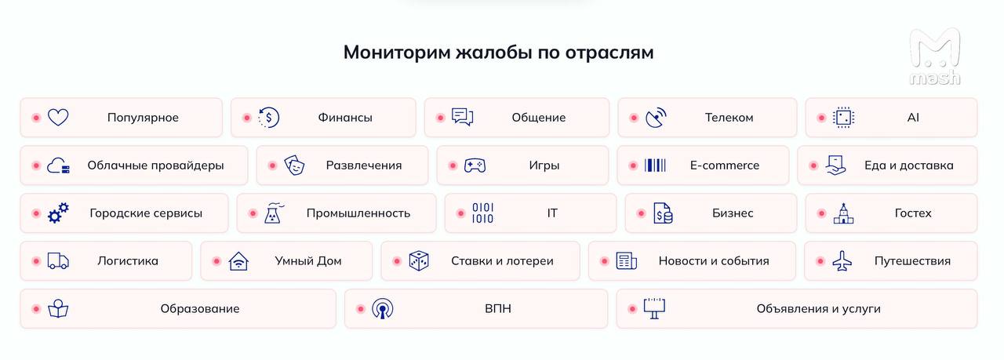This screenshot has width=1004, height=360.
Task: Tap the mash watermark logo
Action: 934,56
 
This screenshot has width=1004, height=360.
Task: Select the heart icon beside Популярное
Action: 58,118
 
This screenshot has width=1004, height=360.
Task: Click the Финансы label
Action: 345,118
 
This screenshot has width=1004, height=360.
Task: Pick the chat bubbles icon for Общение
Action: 462,117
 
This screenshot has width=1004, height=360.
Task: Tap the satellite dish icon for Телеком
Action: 656,118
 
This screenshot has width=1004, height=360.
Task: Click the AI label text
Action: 913,118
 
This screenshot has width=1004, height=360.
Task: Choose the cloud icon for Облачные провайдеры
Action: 58,165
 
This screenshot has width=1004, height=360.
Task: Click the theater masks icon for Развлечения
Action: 294,165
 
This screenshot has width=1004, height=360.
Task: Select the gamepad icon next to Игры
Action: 475,165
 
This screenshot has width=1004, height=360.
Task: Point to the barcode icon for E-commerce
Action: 655,165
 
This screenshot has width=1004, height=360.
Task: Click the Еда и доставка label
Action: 908,165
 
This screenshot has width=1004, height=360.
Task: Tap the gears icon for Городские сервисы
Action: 58,213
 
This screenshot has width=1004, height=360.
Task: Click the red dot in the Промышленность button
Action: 253,213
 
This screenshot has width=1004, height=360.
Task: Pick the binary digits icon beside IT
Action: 482,213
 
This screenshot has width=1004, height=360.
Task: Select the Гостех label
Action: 913,213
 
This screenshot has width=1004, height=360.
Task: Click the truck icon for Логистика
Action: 58,261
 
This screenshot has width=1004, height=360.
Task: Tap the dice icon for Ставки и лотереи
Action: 419,261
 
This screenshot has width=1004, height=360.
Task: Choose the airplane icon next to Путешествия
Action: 842,261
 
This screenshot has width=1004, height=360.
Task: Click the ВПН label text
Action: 498,309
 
